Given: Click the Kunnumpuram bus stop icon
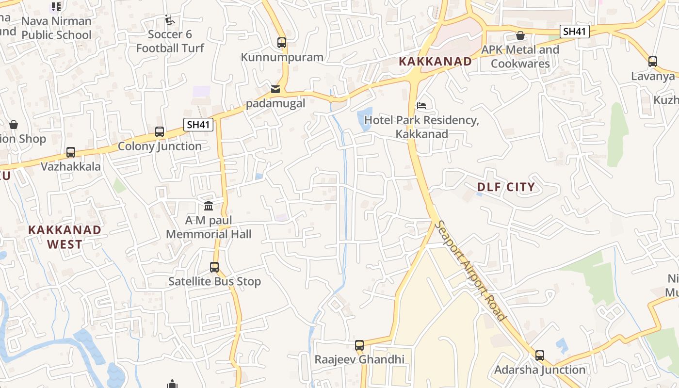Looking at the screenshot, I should point(282,42).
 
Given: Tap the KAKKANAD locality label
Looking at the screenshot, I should point(435,61).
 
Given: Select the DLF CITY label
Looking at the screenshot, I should point(506,187).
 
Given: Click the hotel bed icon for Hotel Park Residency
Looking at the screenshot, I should point(421,105).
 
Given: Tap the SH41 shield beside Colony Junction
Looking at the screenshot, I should point(198,125).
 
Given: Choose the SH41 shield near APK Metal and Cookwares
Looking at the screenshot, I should point(574,32).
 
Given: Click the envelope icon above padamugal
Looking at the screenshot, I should point(275,89).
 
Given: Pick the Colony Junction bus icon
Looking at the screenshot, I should point(160,131).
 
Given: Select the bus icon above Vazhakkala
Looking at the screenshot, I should point(71,152).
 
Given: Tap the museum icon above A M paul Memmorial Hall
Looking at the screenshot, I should point(209,206).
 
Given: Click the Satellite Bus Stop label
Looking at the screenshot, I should point(214,281).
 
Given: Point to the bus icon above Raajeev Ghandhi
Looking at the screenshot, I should point(359,345).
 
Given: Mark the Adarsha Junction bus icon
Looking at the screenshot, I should point(540,355).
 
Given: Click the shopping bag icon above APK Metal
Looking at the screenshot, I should point(520,35).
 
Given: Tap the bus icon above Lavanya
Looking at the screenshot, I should point(653,62).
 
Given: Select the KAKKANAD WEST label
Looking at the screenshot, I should point(65,237).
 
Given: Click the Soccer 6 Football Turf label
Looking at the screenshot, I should point(170,41).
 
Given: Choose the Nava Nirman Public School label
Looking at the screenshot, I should point(56,28).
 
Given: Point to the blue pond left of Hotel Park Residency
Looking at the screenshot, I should point(365,119).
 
